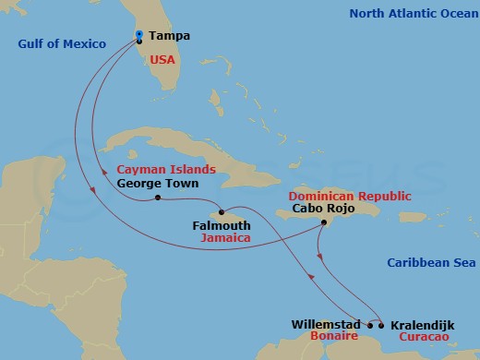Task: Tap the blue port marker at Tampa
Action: click(x=138, y=35)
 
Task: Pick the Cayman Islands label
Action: click(x=166, y=169)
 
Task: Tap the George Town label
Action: click(x=152, y=184)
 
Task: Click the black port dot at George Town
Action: click(x=158, y=198)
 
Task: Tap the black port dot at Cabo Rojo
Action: click(x=323, y=222)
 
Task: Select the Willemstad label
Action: click(x=322, y=325)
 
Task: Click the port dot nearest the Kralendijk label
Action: click(x=381, y=325)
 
